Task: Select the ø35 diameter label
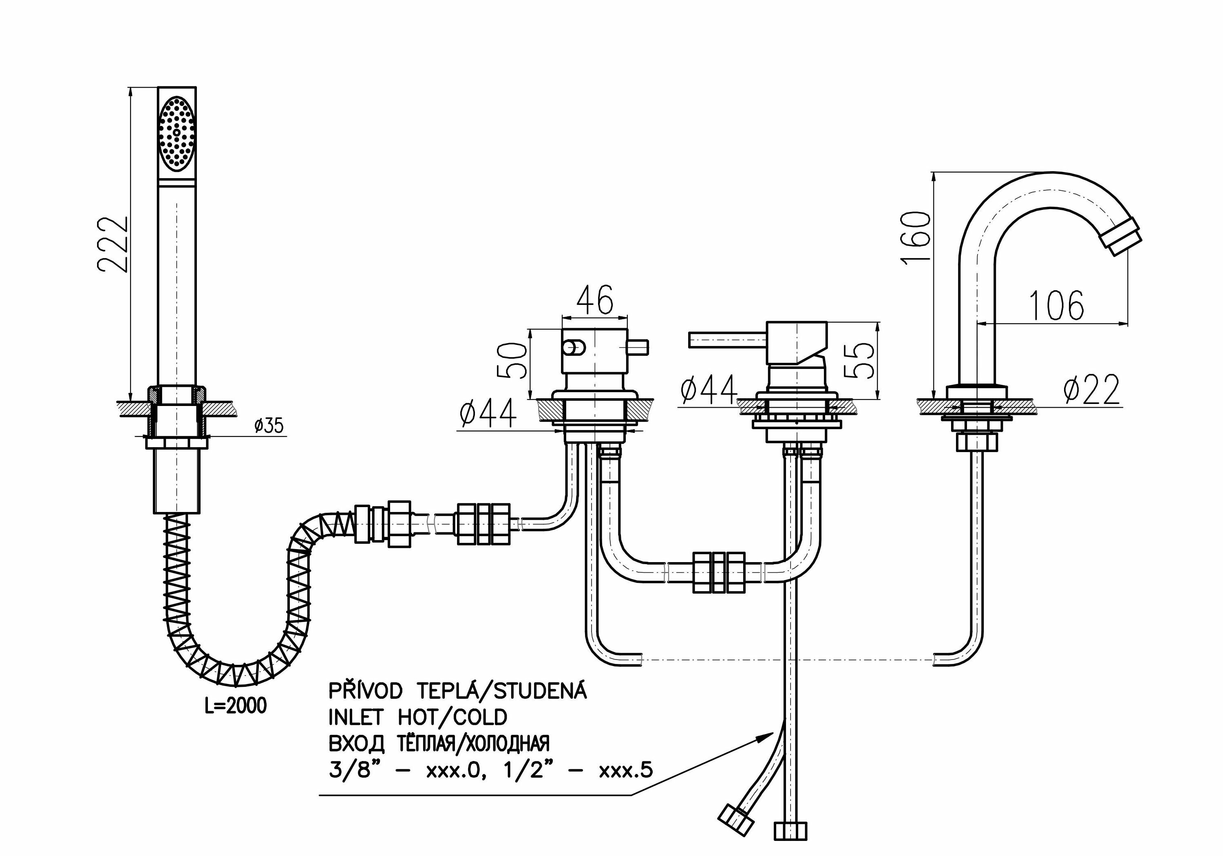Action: pyautogui.click(x=269, y=426)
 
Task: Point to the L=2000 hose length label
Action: pyautogui.click(x=236, y=706)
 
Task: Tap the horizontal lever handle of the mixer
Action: pyautogui.click(x=727, y=339)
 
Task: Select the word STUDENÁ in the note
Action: pyautogui.click(x=540, y=691)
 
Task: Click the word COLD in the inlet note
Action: pyautogui.click(x=480, y=717)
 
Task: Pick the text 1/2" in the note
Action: pyautogui.click(x=525, y=770)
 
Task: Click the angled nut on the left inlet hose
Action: pyautogui.click(x=735, y=820)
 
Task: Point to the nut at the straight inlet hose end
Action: pyautogui.click(x=790, y=831)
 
